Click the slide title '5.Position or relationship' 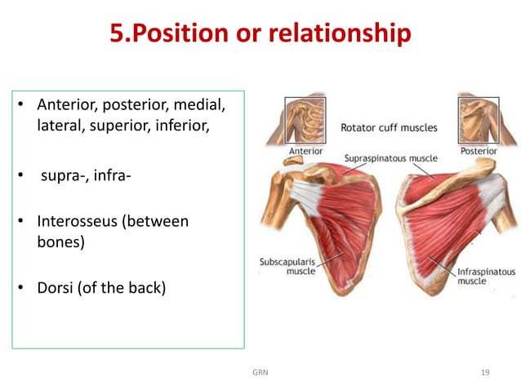[260, 33]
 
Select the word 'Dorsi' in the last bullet [55, 287]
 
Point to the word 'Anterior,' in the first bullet [66, 105]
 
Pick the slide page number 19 [485, 372]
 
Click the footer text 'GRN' [260, 372]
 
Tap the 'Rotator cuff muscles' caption [388, 128]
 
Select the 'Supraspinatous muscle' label [390, 157]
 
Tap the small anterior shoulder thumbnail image [305, 121]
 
